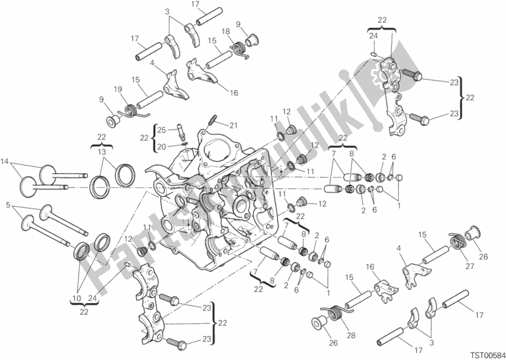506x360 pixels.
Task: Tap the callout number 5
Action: click(7, 206)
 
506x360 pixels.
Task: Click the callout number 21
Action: click(216, 124)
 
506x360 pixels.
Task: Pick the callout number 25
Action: click(161, 130)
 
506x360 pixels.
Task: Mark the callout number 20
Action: click(161, 146)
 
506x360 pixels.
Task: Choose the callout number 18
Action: click(225, 31)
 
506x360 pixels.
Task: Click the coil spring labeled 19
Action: click(133, 110)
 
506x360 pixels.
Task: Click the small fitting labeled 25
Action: click(180, 132)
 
